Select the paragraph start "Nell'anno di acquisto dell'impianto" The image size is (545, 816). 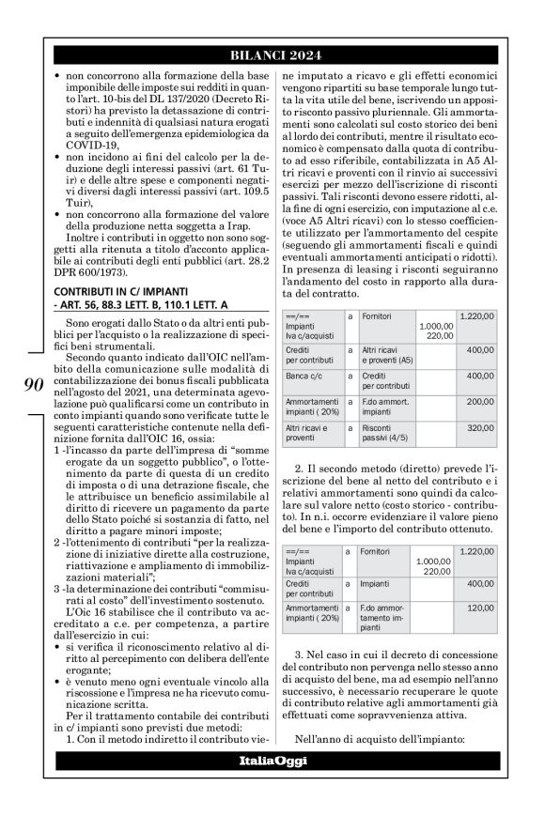pyautogui.click(x=384, y=740)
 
